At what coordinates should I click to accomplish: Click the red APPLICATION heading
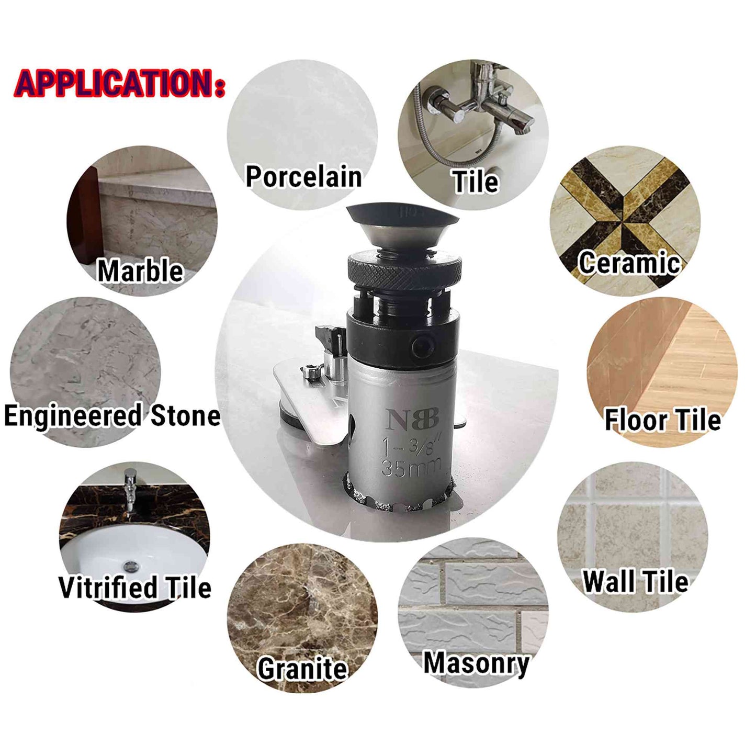tap(120, 84)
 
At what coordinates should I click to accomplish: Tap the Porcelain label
tap(303, 177)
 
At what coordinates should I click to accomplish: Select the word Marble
tap(140, 270)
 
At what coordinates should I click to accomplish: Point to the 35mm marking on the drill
tap(410, 468)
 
